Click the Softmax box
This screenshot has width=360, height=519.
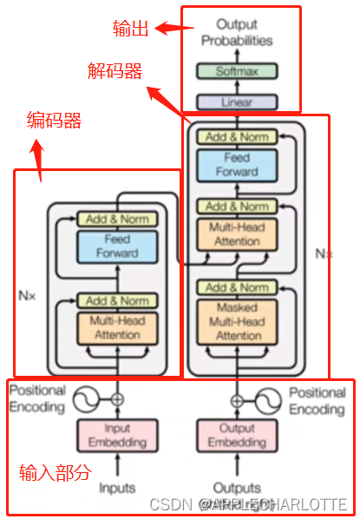tap(237, 71)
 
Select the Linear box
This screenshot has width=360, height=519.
tap(237, 102)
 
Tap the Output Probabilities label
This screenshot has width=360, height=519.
tap(237, 33)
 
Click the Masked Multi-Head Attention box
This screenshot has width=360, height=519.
tap(238, 320)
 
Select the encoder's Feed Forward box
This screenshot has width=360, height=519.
tap(117, 246)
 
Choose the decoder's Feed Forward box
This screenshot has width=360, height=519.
tap(237, 165)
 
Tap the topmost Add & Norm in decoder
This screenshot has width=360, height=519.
tap(237, 136)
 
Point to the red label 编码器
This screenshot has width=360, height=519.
tap(54, 122)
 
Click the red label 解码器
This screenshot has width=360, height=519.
tap(115, 70)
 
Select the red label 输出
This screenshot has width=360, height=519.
tap(130, 28)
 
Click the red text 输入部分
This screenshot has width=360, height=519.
tap(55, 473)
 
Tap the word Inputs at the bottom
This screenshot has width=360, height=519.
tap(117, 488)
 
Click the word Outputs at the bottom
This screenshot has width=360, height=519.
tap(237, 488)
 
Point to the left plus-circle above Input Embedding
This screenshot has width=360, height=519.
tap(117, 399)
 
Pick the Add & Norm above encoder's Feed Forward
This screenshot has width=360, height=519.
tap(117, 219)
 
